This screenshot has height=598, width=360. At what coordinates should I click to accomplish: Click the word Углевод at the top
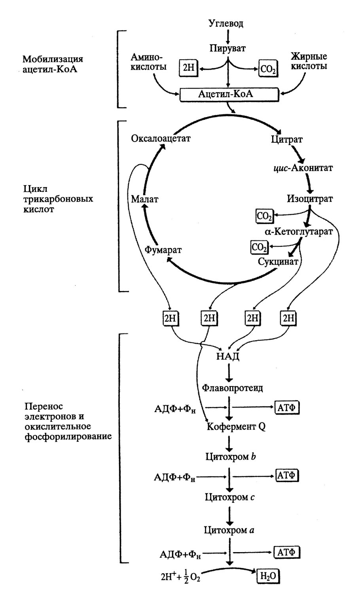click(x=226, y=23)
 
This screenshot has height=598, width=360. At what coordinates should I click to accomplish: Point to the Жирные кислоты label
click(x=309, y=61)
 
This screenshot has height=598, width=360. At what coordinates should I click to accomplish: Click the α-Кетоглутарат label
click(x=299, y=231)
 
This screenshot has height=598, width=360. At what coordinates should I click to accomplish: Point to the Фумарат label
click(x=163, y=250)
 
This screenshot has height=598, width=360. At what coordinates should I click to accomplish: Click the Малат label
click(x=145, y=199)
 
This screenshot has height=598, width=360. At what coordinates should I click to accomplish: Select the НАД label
click(x=227, y=356)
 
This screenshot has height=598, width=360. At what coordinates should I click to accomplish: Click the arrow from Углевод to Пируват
click(x=227, y=36)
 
